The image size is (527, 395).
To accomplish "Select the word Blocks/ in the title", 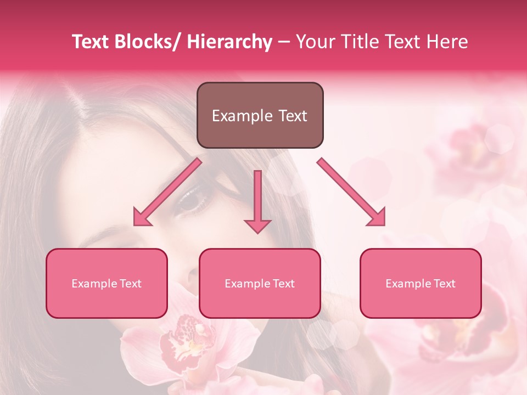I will pyautogui.click(x=146, y=42).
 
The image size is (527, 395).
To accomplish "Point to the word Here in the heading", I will pyautogui.click(x=448, y=42).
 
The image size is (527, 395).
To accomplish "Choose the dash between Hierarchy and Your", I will pyautogui.click(x=284, y=42).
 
